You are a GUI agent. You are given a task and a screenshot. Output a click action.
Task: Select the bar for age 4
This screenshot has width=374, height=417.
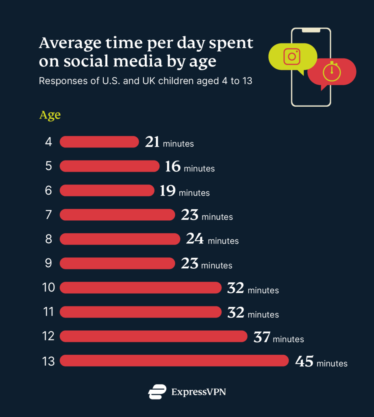coord(99,142)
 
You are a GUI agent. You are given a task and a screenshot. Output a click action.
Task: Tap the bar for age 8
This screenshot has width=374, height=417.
coord(120,239)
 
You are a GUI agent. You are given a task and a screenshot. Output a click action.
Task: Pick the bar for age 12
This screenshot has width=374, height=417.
coord(154,336)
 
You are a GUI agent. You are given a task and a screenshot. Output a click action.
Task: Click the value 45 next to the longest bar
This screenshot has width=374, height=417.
coord(304,361)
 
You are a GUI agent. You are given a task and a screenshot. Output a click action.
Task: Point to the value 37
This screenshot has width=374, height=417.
coord(262,337)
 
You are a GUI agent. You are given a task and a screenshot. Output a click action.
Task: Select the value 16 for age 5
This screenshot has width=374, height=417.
coord(173,166)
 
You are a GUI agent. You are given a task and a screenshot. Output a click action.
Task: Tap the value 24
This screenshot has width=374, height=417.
coord(195,239)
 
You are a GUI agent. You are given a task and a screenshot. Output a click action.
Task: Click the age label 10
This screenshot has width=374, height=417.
coord(48,288)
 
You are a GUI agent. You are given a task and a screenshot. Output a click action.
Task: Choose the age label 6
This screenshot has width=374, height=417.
coord(48,191)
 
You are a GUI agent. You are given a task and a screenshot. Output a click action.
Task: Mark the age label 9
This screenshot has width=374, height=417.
coord(48,263)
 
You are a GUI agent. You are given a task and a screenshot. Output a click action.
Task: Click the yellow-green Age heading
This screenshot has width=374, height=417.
coord(50,115)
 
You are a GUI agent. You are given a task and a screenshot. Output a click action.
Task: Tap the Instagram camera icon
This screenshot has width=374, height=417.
coord(291,56)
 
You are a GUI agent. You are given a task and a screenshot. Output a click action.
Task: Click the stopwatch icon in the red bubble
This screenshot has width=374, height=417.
coord(331,72)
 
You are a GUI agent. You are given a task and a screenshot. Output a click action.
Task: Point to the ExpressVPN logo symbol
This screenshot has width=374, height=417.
coord(157,392)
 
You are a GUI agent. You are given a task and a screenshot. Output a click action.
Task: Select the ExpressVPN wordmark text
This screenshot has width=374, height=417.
coord(198,392)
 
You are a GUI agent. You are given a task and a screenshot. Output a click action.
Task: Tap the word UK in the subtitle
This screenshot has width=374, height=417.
coord(138,81)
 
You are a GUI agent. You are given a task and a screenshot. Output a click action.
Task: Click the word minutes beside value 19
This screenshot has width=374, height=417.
coord(194,193)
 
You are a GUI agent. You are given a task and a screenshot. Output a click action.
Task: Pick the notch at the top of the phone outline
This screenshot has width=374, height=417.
coord(311,30)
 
